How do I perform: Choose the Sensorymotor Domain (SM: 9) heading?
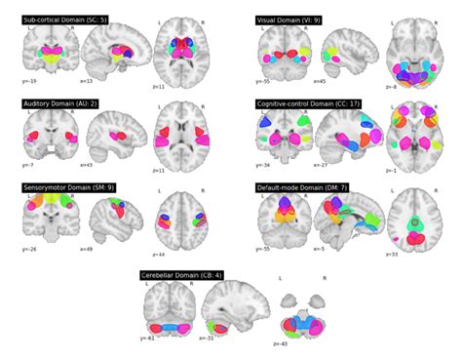[65, 186]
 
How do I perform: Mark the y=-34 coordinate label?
[264, 165]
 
